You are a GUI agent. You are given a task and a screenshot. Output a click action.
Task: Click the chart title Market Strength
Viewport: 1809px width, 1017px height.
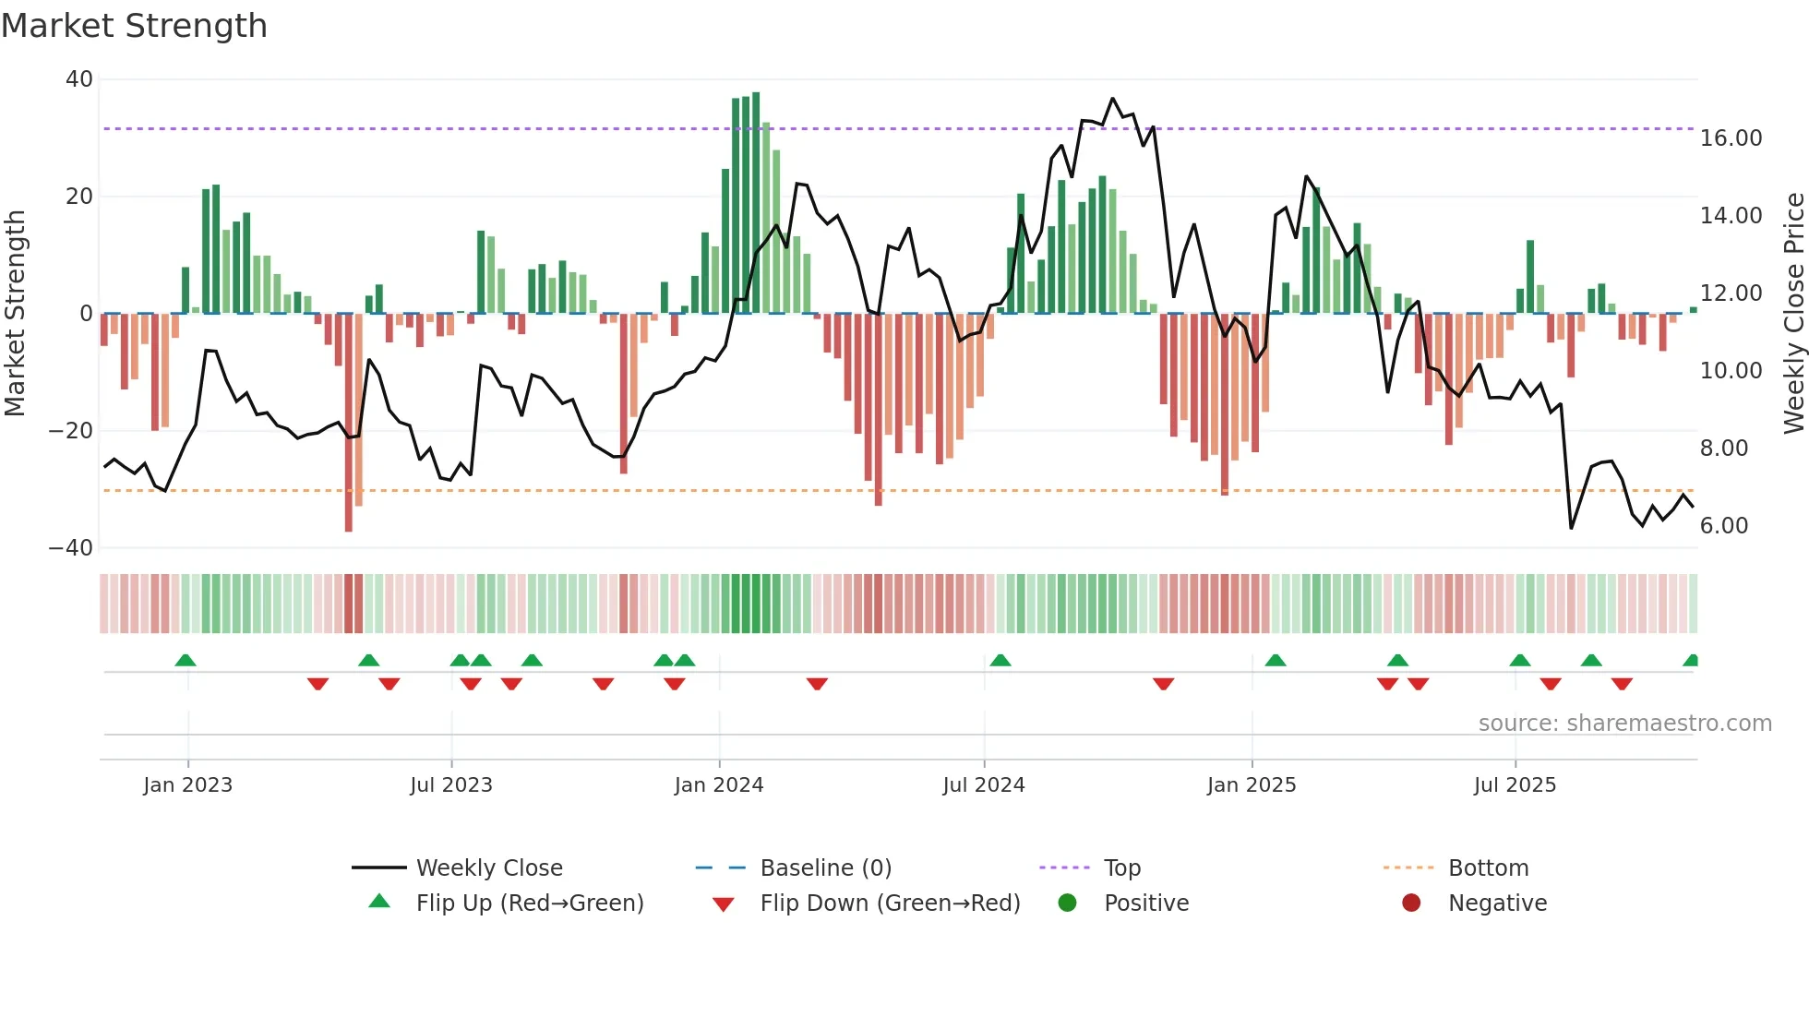134,26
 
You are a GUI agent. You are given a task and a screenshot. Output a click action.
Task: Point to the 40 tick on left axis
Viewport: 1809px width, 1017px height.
79,79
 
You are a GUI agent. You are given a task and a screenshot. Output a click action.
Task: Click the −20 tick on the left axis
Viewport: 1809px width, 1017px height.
71,431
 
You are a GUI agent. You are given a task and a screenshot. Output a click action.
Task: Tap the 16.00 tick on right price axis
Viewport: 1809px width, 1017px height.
1731,138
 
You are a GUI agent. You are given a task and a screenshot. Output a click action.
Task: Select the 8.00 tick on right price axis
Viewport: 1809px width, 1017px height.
1723,449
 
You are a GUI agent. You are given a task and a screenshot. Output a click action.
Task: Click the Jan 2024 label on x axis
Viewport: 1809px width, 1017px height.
719,785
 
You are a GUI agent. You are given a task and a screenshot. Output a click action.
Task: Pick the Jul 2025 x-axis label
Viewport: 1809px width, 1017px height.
1515,785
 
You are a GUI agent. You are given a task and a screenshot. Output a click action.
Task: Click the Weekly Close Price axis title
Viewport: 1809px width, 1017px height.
1793,314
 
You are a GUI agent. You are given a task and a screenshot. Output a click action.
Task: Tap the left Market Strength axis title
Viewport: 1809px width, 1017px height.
15,314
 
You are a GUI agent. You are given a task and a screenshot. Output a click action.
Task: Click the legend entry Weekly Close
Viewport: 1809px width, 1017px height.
489,868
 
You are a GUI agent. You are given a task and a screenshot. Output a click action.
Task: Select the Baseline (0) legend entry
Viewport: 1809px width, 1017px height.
825,868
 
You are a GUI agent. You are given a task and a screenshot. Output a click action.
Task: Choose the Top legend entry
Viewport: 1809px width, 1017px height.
1122,868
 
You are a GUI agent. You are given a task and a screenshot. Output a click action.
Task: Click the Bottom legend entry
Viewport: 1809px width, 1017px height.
1488,868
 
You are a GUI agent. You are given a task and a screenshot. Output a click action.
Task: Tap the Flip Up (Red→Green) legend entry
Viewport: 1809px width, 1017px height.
529,903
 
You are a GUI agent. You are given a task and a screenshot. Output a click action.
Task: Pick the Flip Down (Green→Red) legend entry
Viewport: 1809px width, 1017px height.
890,903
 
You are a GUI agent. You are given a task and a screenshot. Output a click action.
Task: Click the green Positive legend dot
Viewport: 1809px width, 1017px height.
1068,903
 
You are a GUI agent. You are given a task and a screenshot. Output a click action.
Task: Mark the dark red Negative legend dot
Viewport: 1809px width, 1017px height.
1411,903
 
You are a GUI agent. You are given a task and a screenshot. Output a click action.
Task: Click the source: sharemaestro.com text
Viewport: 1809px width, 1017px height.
1624,724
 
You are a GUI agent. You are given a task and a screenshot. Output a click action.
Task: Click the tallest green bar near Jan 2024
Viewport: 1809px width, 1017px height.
756,203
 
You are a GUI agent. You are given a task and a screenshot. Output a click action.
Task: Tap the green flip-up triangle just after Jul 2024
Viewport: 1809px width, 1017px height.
1000,660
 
